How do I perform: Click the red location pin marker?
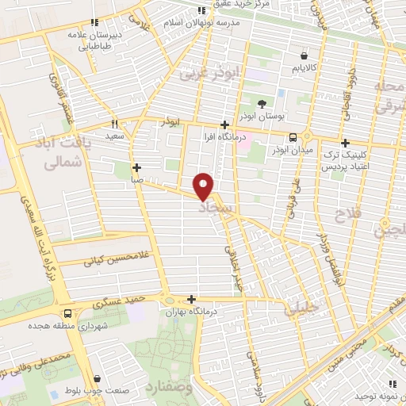tap(204, 186)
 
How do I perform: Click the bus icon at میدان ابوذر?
tap(293, 136)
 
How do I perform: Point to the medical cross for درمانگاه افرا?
tap(225, 124)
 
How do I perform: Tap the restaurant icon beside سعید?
tap(115, 124)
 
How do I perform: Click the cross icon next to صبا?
tap(137, 167)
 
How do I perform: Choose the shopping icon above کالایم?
tap(304, 56)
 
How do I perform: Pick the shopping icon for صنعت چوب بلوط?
tap(97, 380)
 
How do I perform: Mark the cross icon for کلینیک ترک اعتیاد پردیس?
tap(345, 143)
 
